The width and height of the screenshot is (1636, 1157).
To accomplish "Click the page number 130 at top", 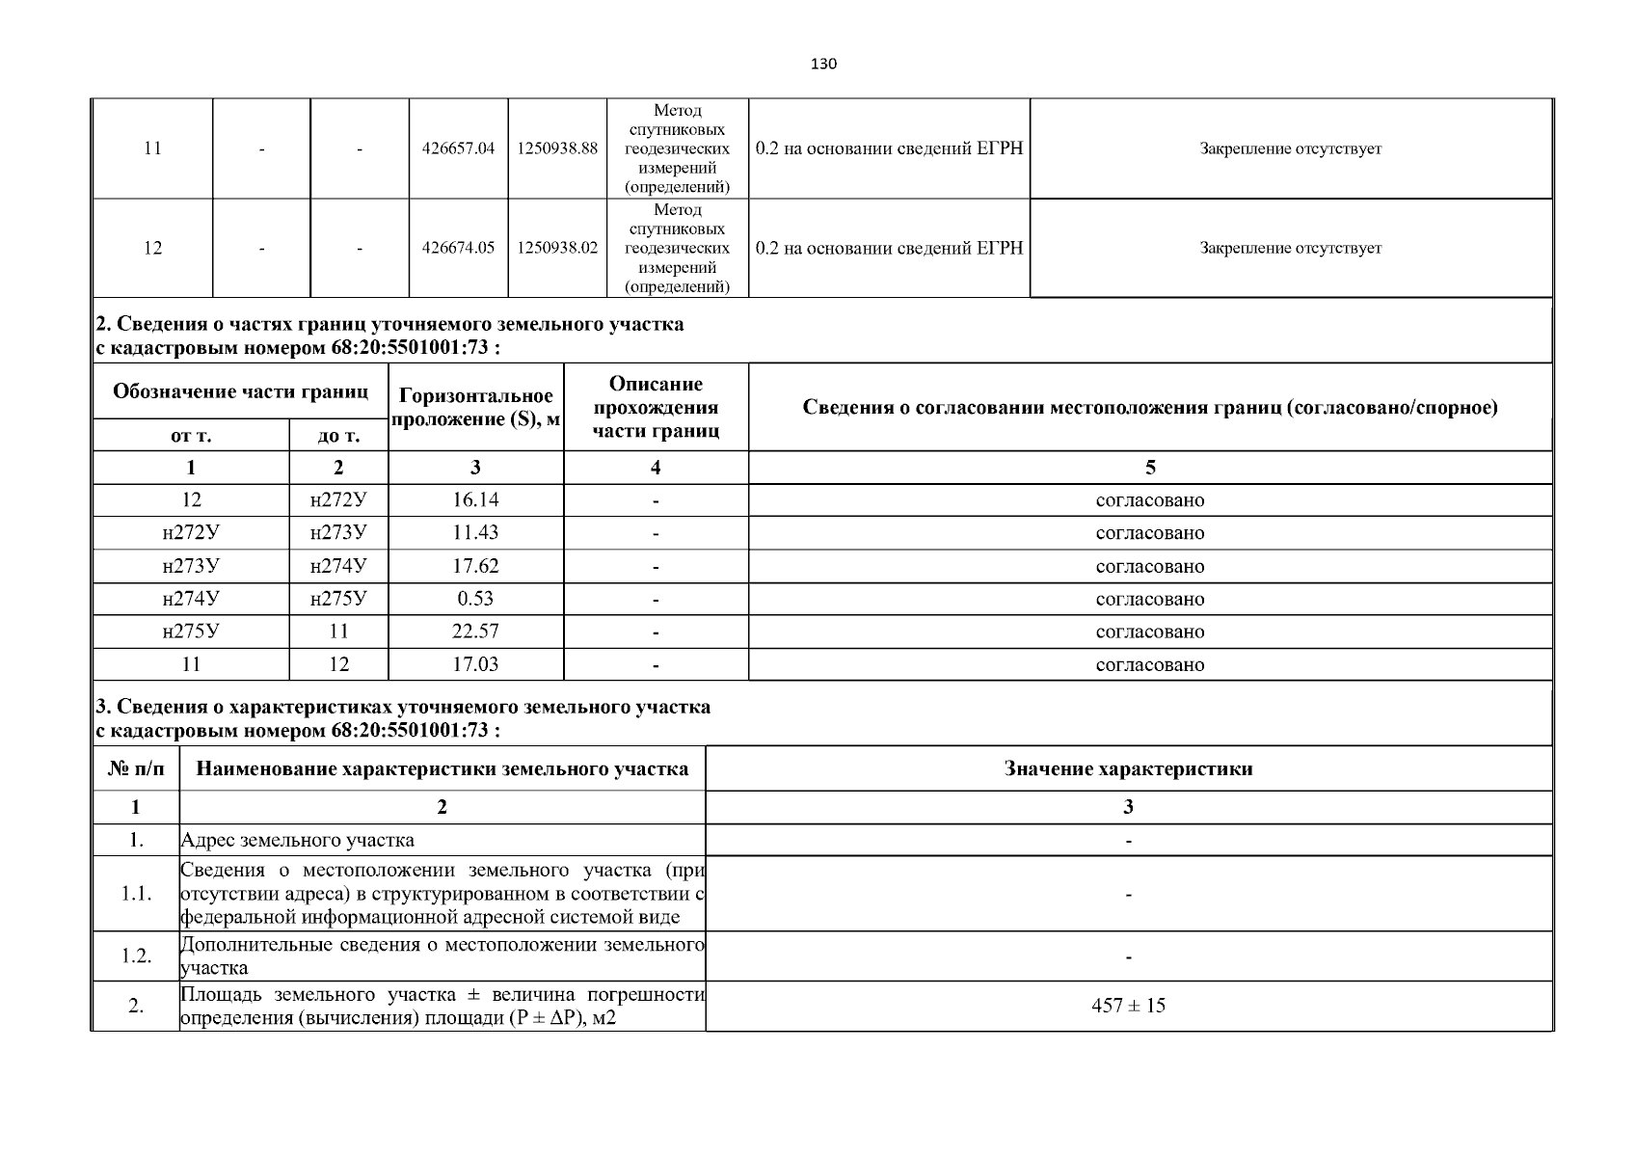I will [x=823, y=65].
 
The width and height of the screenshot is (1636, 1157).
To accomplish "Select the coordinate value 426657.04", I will [x=458, y=148].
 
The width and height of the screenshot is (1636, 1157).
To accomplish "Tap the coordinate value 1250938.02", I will [x=557, y=248].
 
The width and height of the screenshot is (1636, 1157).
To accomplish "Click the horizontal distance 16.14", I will [x=475, y=499].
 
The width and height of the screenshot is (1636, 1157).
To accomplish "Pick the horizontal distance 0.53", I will [x=475, y=598].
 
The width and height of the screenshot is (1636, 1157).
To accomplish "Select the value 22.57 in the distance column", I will [x=475, y=631].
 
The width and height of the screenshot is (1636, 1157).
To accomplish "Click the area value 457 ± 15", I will [x=1128, y=1006].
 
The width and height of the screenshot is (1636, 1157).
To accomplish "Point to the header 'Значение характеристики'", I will [x=1128, y=768].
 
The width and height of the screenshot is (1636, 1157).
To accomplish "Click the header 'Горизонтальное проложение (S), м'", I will [x=475, y=407].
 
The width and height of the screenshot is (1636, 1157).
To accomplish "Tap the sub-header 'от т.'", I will [x=191, y=436].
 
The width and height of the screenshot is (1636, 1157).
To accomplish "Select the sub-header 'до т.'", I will [x=338, y=436].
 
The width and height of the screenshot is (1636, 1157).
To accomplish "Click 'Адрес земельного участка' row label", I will [x=298, y=840].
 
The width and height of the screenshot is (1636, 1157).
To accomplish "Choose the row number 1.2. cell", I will [x=136, y=955].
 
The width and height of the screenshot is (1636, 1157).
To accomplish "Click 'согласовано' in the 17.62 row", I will [x=1149, y=566].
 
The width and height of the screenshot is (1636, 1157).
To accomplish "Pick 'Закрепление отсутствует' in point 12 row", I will [x=1290, y=248].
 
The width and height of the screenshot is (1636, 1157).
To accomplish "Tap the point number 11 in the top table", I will [x=152, y=148].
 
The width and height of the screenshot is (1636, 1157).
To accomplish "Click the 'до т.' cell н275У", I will [x=338, y=598].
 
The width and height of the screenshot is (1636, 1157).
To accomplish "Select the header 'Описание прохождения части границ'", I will [x=656, y=407].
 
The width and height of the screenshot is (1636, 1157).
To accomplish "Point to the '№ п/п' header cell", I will [x=136, y=768].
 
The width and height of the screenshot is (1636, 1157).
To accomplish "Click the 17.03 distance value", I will [x=475, y=664].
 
